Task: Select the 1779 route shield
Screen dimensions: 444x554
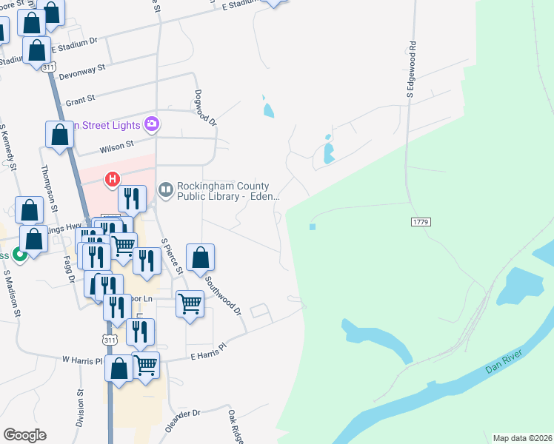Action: click(419, 222)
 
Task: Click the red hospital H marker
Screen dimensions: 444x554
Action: click(113, 179)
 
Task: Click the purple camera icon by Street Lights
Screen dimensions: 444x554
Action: click(152, 124)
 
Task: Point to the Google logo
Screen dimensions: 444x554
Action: click(24, 435)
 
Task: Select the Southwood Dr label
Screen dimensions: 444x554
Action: click(224, 295)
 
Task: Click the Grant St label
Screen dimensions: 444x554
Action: click(81, 98)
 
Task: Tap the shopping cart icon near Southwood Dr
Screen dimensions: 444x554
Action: click(190, 303)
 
